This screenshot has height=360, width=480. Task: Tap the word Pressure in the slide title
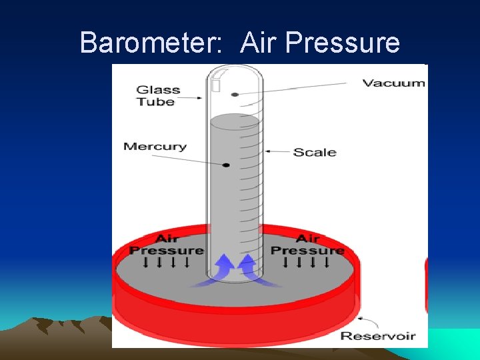point(341,43)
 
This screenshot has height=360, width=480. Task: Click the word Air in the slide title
point(259,43)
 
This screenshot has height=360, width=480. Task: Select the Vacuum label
point(393,83)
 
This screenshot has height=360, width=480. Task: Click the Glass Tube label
point(157,96)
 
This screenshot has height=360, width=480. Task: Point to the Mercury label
point(155,147)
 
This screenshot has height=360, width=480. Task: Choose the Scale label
point(315,152)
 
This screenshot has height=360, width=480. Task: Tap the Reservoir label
point(378,336)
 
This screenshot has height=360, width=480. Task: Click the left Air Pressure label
point(166,245)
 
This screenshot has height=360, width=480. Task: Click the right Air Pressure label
point(307,245)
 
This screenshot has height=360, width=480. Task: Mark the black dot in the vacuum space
point(235,95)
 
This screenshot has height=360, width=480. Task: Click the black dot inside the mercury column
point(227,165)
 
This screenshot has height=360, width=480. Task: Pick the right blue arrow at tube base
point(248,267)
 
